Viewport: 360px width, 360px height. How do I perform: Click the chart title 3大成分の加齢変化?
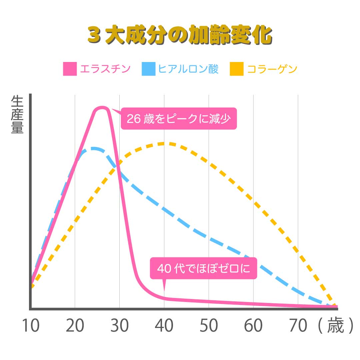[180, 35]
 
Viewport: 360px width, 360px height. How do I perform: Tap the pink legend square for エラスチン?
[70, 69]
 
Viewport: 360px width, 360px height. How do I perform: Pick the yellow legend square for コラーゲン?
[237, 69]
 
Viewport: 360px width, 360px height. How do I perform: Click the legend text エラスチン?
[105, 69]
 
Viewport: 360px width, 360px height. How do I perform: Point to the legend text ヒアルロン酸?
[188, 69]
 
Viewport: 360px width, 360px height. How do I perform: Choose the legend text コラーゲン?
[272, 69]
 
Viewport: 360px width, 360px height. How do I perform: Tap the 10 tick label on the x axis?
[30, 326]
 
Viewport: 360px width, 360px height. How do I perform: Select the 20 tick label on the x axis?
[75, 326]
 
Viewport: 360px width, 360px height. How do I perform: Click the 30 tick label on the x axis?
[119, 326]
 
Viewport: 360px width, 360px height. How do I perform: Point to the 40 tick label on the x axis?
[164, 326]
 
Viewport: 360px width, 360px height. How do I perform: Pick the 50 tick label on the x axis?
[209, 326]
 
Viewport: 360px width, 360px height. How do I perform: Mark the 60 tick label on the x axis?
[253, 326]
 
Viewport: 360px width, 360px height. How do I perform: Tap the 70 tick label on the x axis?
[298, 326]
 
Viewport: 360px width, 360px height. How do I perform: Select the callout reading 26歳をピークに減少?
[179, 119]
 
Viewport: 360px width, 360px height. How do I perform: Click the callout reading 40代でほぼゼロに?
[203, 268]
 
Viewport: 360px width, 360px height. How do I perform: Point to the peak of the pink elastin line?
[102, 108]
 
